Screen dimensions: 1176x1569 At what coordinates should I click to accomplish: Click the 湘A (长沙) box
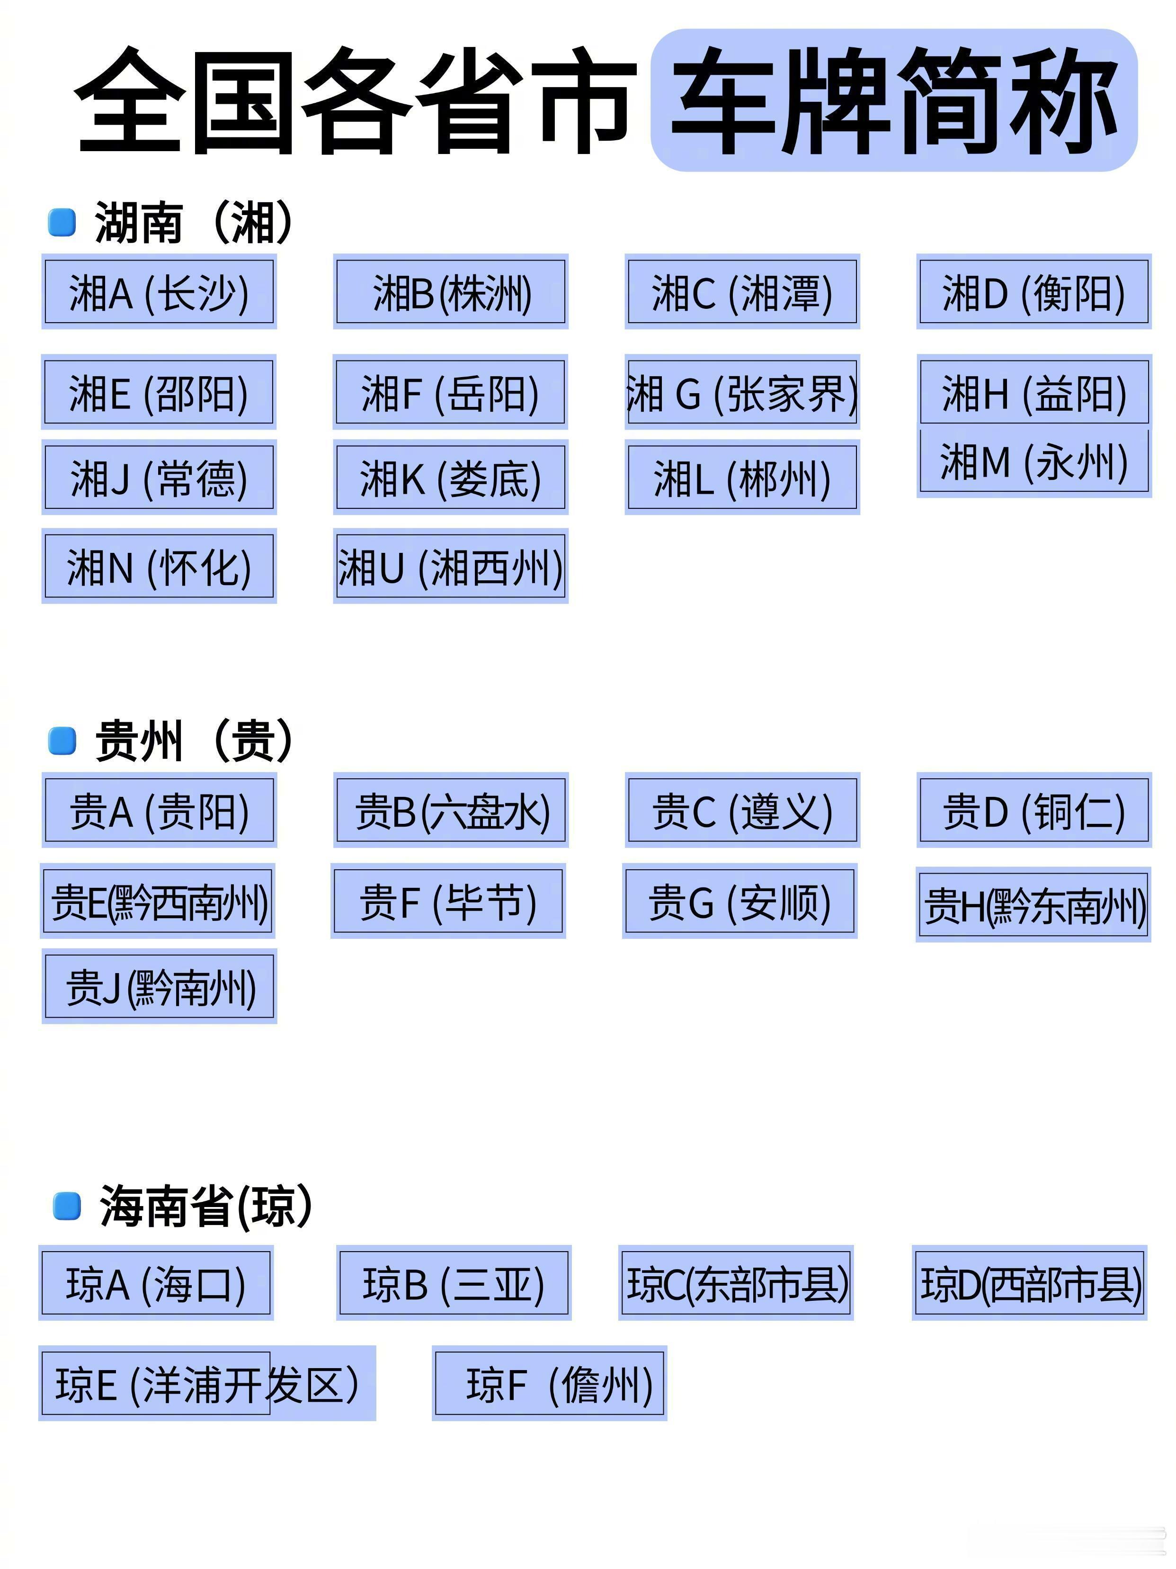pyautogui.click(x=159, y=291)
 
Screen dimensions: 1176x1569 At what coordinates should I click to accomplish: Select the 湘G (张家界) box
pyautogui.click(x=742, y=392)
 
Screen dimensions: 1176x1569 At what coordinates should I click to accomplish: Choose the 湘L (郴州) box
pyautogui.click(x=742, y=478)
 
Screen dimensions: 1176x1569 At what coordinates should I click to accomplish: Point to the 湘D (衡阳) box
pyautogui.click(x=1034, y=291)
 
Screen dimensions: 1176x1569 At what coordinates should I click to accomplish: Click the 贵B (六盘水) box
pyautogui.click(x=451, y=810)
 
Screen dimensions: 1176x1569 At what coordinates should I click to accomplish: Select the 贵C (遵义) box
pyautogui.click(x=742, y=810)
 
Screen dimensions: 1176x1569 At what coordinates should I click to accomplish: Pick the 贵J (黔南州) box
pyautogui.click(x=159, y=986)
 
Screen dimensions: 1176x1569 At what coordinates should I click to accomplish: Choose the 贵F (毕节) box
pyautogui.click(x=448, y=901)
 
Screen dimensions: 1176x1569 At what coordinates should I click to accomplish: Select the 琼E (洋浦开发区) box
pyautogui.click(x=207, y=1383)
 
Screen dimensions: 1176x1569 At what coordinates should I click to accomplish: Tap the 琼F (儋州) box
pyautogui.click(x=549, y=1383)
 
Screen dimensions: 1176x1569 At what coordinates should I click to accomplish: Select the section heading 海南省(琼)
pyautogui.click(x=205, y=1205)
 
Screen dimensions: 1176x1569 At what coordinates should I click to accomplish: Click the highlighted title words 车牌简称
pyautogui.click(x=894, y=100)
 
